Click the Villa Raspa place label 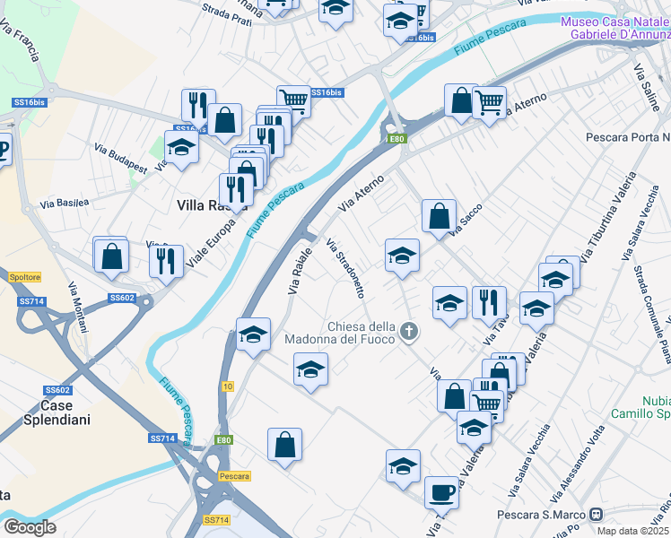[205, 205]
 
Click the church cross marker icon [409, 332]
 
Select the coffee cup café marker [441, 492]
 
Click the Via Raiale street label [301, 270]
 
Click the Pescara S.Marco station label [541, 515]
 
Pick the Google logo [29, 526]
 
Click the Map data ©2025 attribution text [633, 531]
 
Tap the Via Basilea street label [64, 204]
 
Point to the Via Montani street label [79, 306]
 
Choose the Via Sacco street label [466, 219]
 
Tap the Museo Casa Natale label [615, 22]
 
